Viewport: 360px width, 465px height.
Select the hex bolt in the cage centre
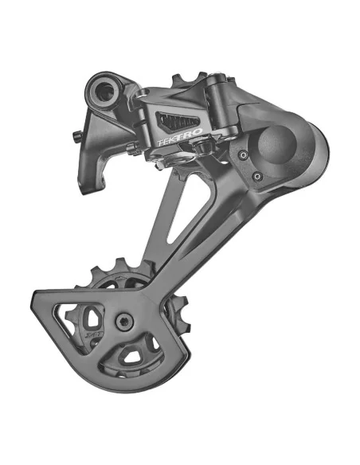[x=123, y=321]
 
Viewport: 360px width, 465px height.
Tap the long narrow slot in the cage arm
[x=176, y=215]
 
